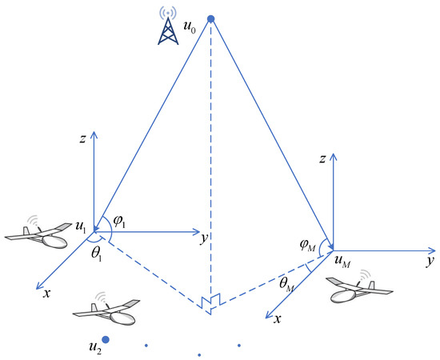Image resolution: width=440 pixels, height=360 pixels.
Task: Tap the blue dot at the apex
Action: tap(211, 18)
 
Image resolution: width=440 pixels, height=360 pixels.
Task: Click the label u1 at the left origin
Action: tap(80, 228)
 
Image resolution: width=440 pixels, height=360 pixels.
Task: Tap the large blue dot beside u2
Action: tap(105, 340)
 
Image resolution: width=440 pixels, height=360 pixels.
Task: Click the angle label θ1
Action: tap(96, 252)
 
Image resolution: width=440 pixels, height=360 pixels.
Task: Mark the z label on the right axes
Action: tap(320, 162)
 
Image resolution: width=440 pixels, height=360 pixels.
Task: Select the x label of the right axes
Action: tap(277, 318)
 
